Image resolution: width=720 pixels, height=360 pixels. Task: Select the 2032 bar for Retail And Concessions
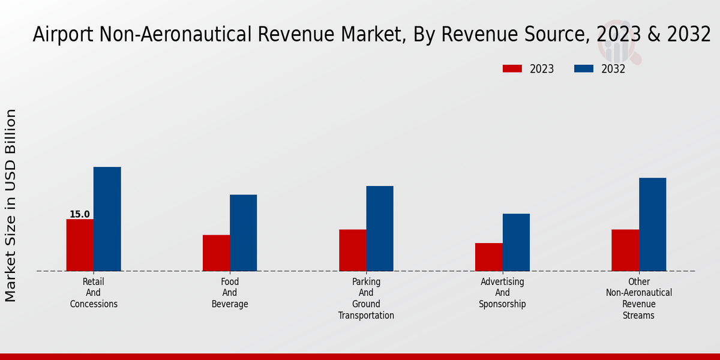coord(107,219)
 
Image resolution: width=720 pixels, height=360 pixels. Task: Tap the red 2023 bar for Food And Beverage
coord(216,253)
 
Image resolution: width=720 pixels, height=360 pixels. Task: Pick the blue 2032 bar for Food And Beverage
coord(243,233)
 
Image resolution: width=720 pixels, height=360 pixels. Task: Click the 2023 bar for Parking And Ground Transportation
coord(352,250)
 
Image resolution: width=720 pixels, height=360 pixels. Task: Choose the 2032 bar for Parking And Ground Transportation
coord(380,229)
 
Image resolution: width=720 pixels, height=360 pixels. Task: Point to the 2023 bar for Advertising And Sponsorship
coord(488,257)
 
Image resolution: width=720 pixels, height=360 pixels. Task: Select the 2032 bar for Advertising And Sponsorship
coord(516,242)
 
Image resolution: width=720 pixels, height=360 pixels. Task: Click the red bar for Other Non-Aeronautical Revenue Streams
coord(625,250)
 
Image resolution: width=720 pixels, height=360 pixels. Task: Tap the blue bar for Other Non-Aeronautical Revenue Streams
coord(652,224)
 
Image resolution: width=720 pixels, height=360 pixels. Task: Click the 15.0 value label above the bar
coord(80,214)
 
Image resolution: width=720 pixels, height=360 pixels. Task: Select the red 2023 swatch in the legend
coord(512,69)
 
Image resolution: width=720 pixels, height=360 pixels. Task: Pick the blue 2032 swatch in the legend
coord(584,69)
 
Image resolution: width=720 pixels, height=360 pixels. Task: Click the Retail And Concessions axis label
coord(94,293)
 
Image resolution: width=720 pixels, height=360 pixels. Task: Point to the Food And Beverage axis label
coord(230,293)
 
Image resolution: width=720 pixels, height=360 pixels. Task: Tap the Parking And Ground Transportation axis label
coord(366,298)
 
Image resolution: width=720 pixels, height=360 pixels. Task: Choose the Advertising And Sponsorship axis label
coord(502,293)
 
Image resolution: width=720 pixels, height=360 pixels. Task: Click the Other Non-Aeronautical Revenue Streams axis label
coord(638,298)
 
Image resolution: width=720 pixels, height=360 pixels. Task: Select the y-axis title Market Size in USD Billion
coord(11,205)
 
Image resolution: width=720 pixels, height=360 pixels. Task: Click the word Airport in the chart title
coord(61,34)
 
